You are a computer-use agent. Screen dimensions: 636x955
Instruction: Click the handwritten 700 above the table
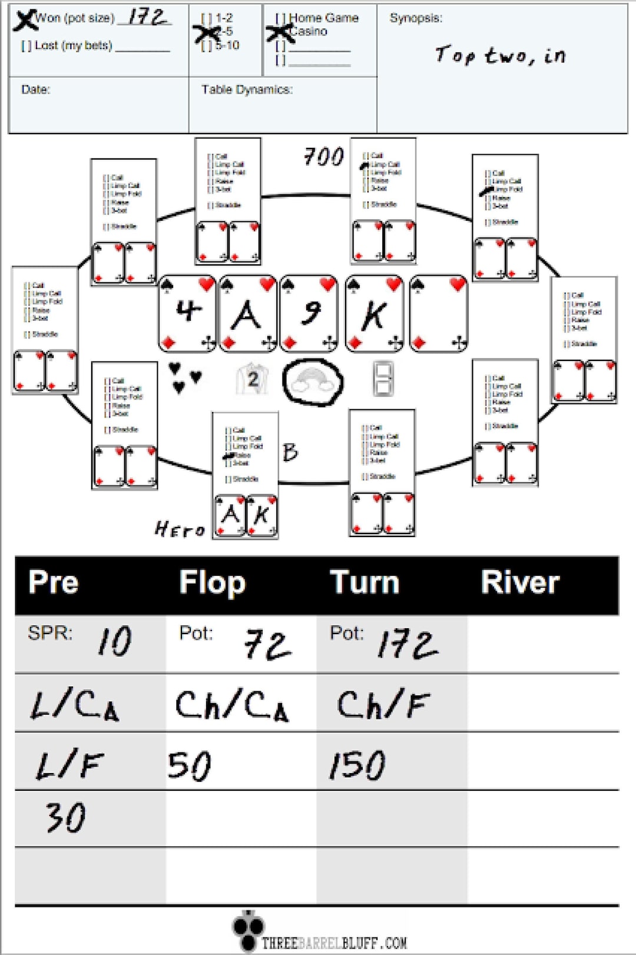[323, 157]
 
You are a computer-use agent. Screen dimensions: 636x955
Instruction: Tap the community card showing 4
[188, 314]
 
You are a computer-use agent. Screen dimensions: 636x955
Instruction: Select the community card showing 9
[310, 314]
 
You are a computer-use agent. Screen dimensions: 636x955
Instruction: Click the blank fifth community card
[439, 314]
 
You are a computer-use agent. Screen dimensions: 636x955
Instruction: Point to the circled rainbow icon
[313, 382]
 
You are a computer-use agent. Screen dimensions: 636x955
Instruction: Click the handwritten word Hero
[180, 529]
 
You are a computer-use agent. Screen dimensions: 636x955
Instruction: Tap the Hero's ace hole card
[230, 516]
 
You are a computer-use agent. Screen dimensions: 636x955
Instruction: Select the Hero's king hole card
[261, 516]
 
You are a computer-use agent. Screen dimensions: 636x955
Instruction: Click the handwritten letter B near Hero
[290, 452]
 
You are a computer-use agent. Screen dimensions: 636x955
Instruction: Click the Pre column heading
[53, 583]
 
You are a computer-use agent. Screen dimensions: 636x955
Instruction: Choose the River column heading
[519, 583]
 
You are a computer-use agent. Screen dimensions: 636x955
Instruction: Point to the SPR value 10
[114, 641]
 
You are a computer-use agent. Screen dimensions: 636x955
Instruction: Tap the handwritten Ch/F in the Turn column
[383, 704]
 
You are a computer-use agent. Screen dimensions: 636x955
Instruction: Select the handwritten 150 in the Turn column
[357, 765]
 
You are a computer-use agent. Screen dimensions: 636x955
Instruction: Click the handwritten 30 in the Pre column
[66, 817]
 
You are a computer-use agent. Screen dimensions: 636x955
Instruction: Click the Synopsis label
[415, 18]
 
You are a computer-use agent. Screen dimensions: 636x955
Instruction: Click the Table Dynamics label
[246, 89]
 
